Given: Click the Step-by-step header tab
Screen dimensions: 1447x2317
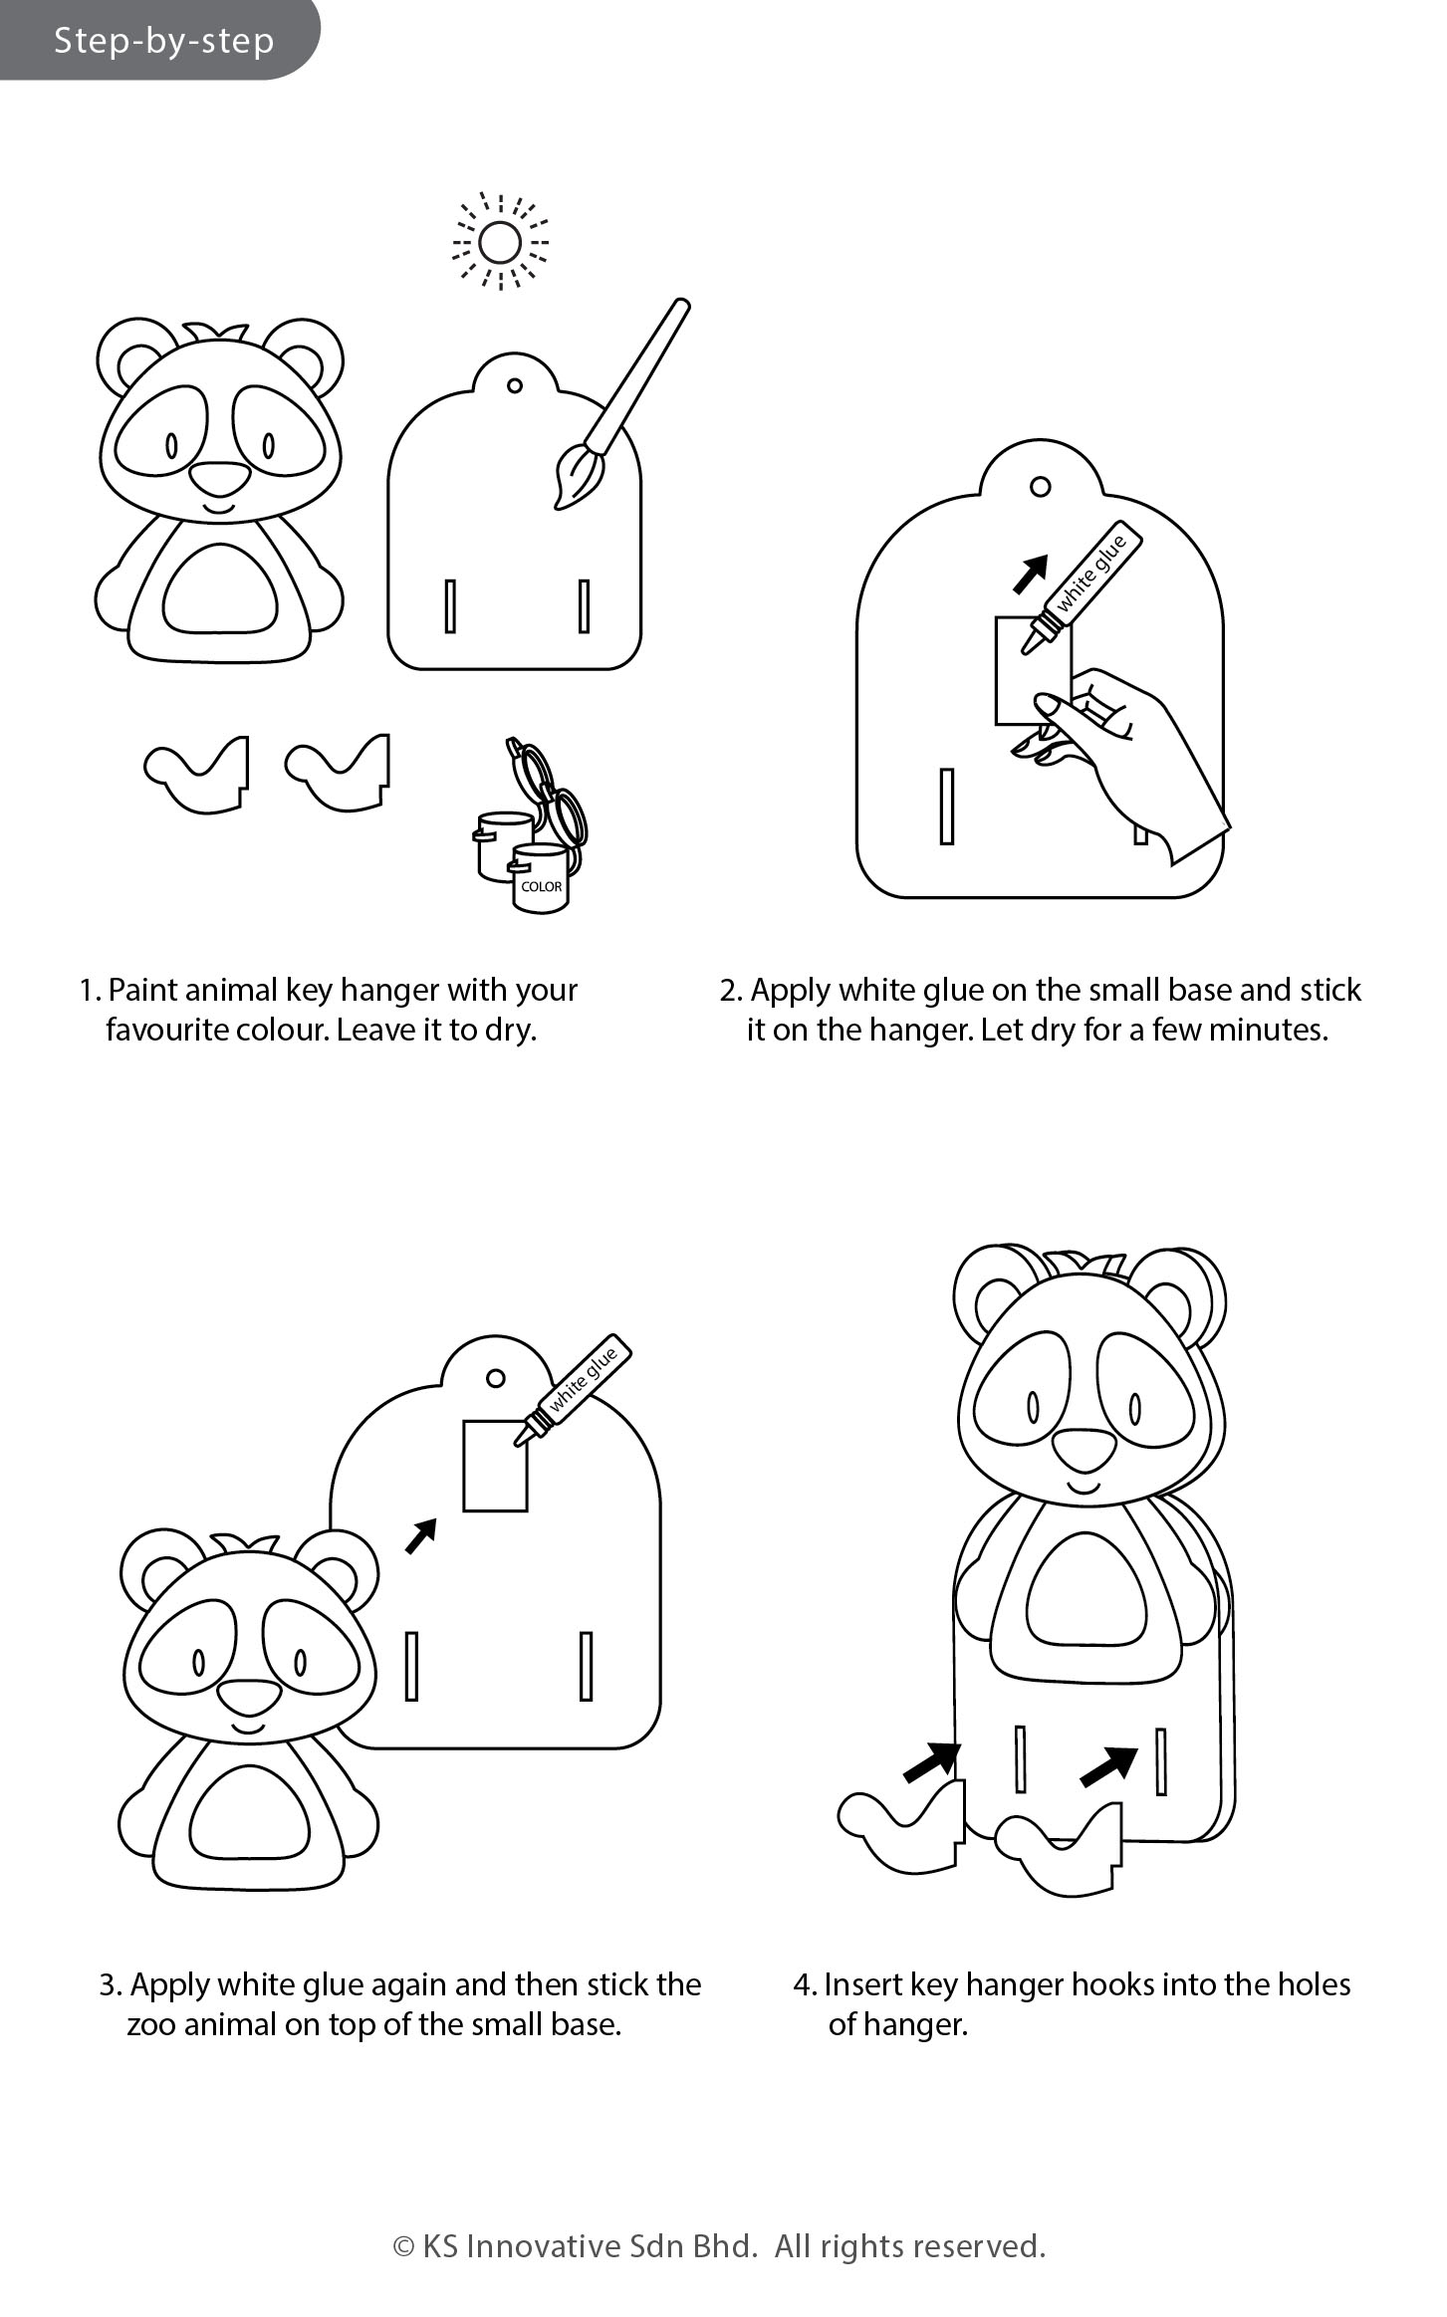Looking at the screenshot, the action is tap(159, 40).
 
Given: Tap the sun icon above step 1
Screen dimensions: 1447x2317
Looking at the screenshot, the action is tap(500, 242).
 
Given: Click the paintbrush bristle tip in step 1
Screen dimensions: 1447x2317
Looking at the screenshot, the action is tap(558, 506).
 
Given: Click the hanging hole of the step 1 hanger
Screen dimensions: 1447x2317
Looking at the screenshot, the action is tap(514, 385).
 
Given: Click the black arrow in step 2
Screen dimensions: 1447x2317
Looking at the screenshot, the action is tap(1033, 573).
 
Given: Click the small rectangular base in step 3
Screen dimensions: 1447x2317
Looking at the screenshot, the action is tap(495, 1465).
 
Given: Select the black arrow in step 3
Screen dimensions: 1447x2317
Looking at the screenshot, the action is tap(421, 1535).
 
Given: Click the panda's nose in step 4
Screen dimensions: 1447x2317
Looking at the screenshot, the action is tap(1083, 1451).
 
